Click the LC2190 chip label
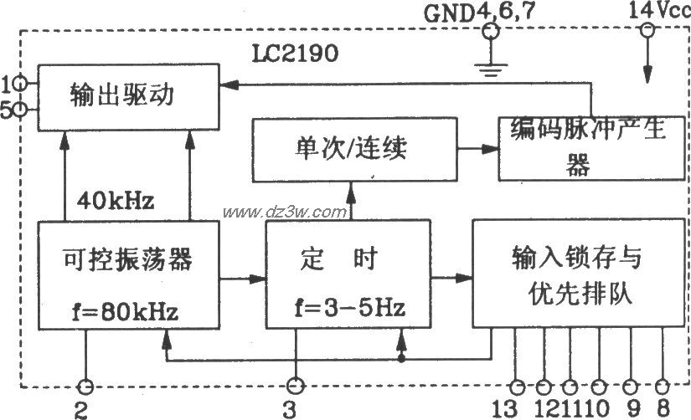295,54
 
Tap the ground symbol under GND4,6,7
491,69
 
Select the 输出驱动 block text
122,95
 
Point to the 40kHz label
116,201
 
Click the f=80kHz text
126,312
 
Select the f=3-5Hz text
349,307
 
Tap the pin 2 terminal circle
85,387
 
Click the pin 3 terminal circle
295,386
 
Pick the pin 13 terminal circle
517,387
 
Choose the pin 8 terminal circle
662,387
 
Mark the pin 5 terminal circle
20,110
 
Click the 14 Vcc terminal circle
647,30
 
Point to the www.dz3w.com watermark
285,213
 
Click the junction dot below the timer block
401,359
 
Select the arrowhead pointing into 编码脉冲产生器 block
490,149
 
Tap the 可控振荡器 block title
128,259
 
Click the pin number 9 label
633,408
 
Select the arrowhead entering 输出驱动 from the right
229,85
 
